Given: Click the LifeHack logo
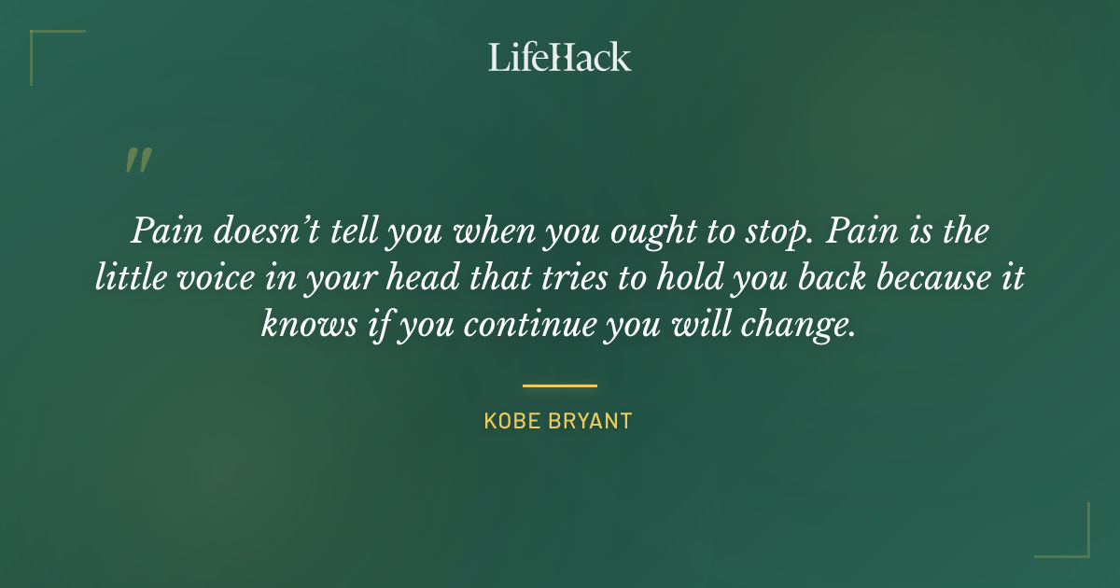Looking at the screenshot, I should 559,57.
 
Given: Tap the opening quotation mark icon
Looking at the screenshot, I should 137,161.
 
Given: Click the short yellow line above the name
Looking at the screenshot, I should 559,385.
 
